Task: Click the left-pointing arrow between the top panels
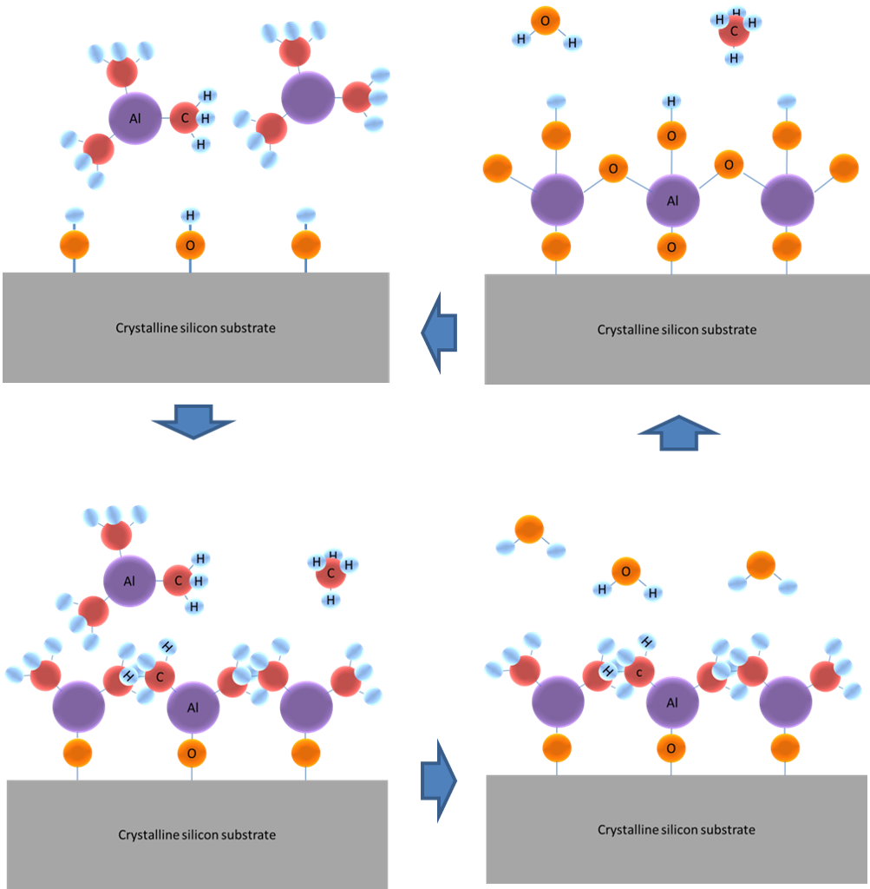point(440,332)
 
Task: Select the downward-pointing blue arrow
point(193,420)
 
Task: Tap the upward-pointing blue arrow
point(678,431)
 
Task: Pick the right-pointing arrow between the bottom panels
point(439,780)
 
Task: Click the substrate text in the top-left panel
point(196,328)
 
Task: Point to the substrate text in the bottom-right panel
point(677,830)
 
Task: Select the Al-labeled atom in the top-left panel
point(135,117)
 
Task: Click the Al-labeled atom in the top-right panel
point(672,201)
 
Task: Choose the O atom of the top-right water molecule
point(545,21)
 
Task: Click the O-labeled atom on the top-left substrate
point(190,246)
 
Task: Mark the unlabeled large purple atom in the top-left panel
point(308,97)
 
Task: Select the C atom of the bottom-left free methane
point(330,573)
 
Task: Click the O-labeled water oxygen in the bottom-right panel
point(625,570)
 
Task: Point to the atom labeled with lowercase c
point(639,671)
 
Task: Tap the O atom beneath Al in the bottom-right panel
point(671,747)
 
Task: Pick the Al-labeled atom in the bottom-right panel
point(672,702)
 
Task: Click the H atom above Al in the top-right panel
point(671,102)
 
